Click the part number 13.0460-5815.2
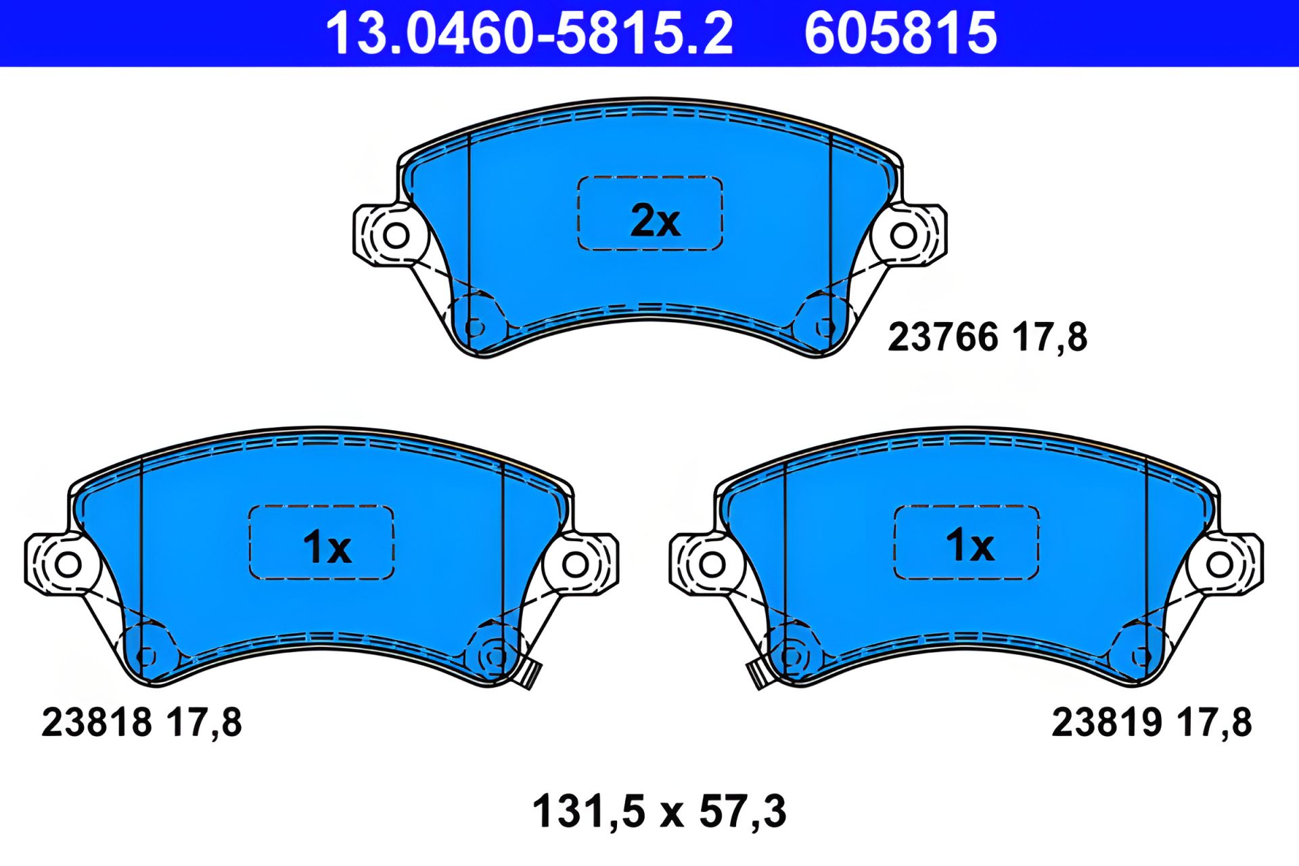click(529, 34)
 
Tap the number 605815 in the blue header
click(900, 34)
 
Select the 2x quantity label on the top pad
click(654, 221)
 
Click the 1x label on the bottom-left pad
click(326, 547)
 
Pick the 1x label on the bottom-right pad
click(969, 545)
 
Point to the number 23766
click(942, 337)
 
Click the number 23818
click(97, 723)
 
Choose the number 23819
click(1106, 723)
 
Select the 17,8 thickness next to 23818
click(204, 723)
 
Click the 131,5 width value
click(589, 811)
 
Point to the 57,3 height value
click(742, 811)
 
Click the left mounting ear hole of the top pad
click(396, 235)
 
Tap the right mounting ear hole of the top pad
click(903, 235)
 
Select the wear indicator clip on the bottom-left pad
click(530, 675)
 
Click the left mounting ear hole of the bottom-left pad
click(68, 564)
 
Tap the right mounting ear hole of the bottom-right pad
click(1219, 564)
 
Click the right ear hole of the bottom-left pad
click(575, 564)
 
